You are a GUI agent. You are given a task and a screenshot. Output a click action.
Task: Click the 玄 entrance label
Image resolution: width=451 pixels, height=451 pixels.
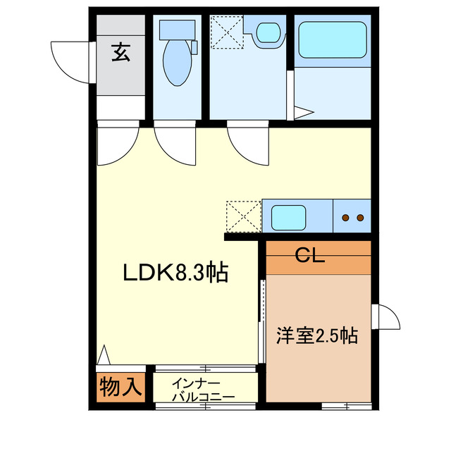[121, 52]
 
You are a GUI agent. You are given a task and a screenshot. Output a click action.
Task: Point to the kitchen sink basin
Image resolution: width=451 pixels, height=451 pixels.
[288, 216]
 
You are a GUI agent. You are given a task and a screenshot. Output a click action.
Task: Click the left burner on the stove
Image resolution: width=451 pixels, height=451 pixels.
[346, 218]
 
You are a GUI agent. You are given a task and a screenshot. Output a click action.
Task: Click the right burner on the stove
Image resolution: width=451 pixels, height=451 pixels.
[359, 218]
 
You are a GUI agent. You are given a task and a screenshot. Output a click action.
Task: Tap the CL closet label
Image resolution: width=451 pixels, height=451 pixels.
[309, 256]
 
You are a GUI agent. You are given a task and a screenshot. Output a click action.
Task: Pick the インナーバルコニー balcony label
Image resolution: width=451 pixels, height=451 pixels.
[204, 390]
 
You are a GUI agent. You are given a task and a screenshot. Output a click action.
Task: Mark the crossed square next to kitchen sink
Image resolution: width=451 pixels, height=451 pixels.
[243, 216]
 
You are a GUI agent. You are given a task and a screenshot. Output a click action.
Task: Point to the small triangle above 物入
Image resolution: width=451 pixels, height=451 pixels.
[103, 354]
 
